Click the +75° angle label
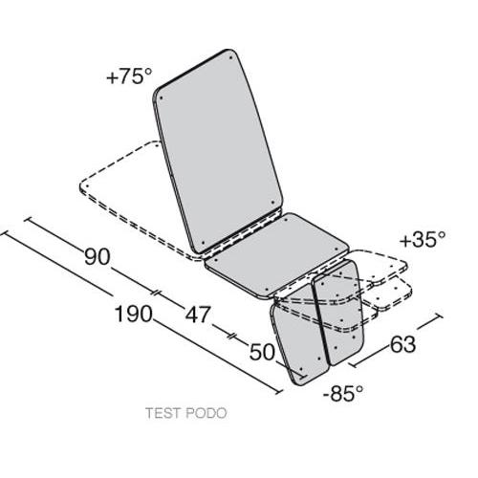(129, 76)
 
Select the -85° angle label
(343, 393)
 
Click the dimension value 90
(98, 256)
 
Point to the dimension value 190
(133, 314)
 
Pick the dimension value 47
(198, 315)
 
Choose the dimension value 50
(262, 352)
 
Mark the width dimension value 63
(402, 344)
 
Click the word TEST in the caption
(163, 413)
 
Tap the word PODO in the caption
(206, 413)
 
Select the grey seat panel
(276, 255)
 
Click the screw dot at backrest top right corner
(230, 58)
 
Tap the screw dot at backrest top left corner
(161, 98)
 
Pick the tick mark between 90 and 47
(156, 293)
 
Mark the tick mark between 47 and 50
(231, 336)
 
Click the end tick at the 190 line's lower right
(279, 391)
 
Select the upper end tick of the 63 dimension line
(439, 315)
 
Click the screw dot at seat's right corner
(336, 250)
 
